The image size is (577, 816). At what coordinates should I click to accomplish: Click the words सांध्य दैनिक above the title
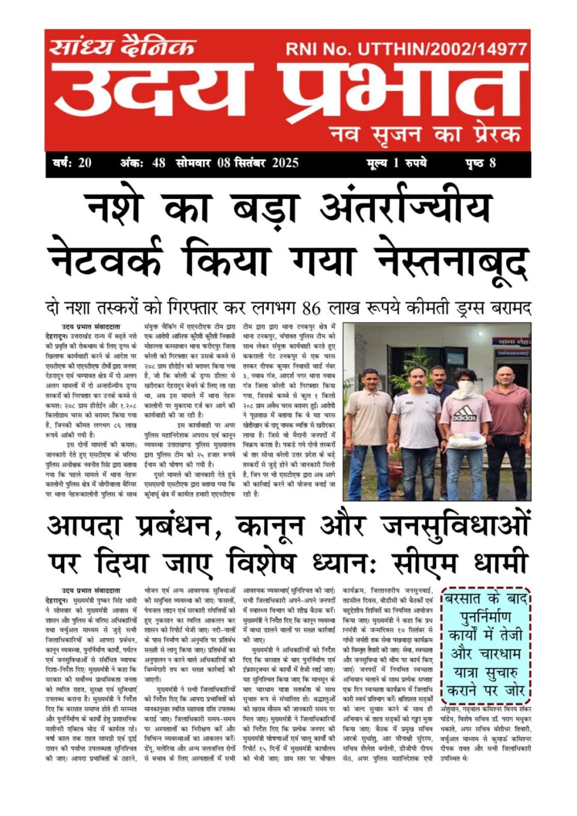(x=123, y=46)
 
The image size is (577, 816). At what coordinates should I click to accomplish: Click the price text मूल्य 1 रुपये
(x=396, y=163)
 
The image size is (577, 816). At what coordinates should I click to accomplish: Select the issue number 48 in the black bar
(x=159, y=163)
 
